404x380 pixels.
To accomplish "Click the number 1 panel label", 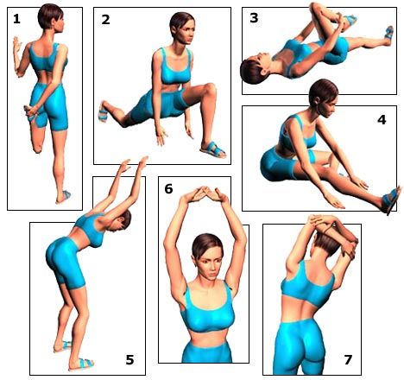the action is tap(16, 19).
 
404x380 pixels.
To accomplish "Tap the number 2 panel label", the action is tap(105, 20).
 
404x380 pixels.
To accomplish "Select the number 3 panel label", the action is tap(254, 18).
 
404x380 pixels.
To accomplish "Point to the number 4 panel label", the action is tap(382, 120).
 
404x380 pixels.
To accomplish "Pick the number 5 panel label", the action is tap(129, 360).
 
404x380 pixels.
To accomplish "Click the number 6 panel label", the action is tap(168, 189).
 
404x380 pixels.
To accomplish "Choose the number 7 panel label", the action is tap(348, 360).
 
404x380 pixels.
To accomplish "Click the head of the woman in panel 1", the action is tap(51, 16).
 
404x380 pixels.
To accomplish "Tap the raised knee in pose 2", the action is tap(209, 88).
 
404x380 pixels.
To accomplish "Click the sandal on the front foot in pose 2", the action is tap(213, 149).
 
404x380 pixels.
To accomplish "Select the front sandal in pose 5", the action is tap(81, 364).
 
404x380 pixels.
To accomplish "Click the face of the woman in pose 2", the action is tap(185, 32).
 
